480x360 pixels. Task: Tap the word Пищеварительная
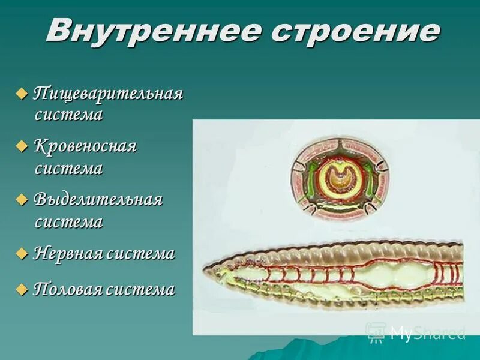pyautogui.click(x=107, y=94)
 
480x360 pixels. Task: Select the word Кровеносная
pyautogui.click(x=85, y=146)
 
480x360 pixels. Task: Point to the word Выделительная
pyautogui.click(x=98, y=199)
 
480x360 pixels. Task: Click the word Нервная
pyautogui.click(x=68, y=253)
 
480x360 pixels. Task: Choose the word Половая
pyautogui.click(x=68, y=289)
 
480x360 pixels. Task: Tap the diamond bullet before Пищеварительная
pyautogui.click(x=22, y=94)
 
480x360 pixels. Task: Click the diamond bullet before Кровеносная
pyautogui.click(x=22, y=146)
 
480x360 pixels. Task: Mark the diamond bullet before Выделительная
pyautogui.click(x=22, y=199)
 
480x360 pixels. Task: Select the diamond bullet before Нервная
pyautogui.click(x=22, y=253)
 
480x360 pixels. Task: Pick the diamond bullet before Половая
pyautogui.click(x=22, y=289)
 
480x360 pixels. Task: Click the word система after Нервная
pyautogui.click(x=141, y=253)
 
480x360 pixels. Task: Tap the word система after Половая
pyautogui.click(x=141, y=289)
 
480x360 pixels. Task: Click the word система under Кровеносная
pyautogui.click(x=68, y=169)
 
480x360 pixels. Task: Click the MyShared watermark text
pyautogui.click(x=427, y=332)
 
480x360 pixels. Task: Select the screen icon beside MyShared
pyautogui.click(x=376, y=331)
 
